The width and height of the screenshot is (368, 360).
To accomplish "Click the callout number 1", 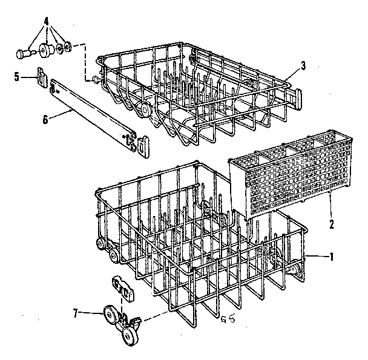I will coord(331,257).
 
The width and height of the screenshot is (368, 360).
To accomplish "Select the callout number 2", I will coord(332,224).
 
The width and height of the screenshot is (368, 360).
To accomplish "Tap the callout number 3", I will coord(303,66).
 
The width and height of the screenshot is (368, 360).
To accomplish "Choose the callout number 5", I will coord(17,76).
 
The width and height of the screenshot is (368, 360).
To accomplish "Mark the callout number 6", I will coord(45,119).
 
